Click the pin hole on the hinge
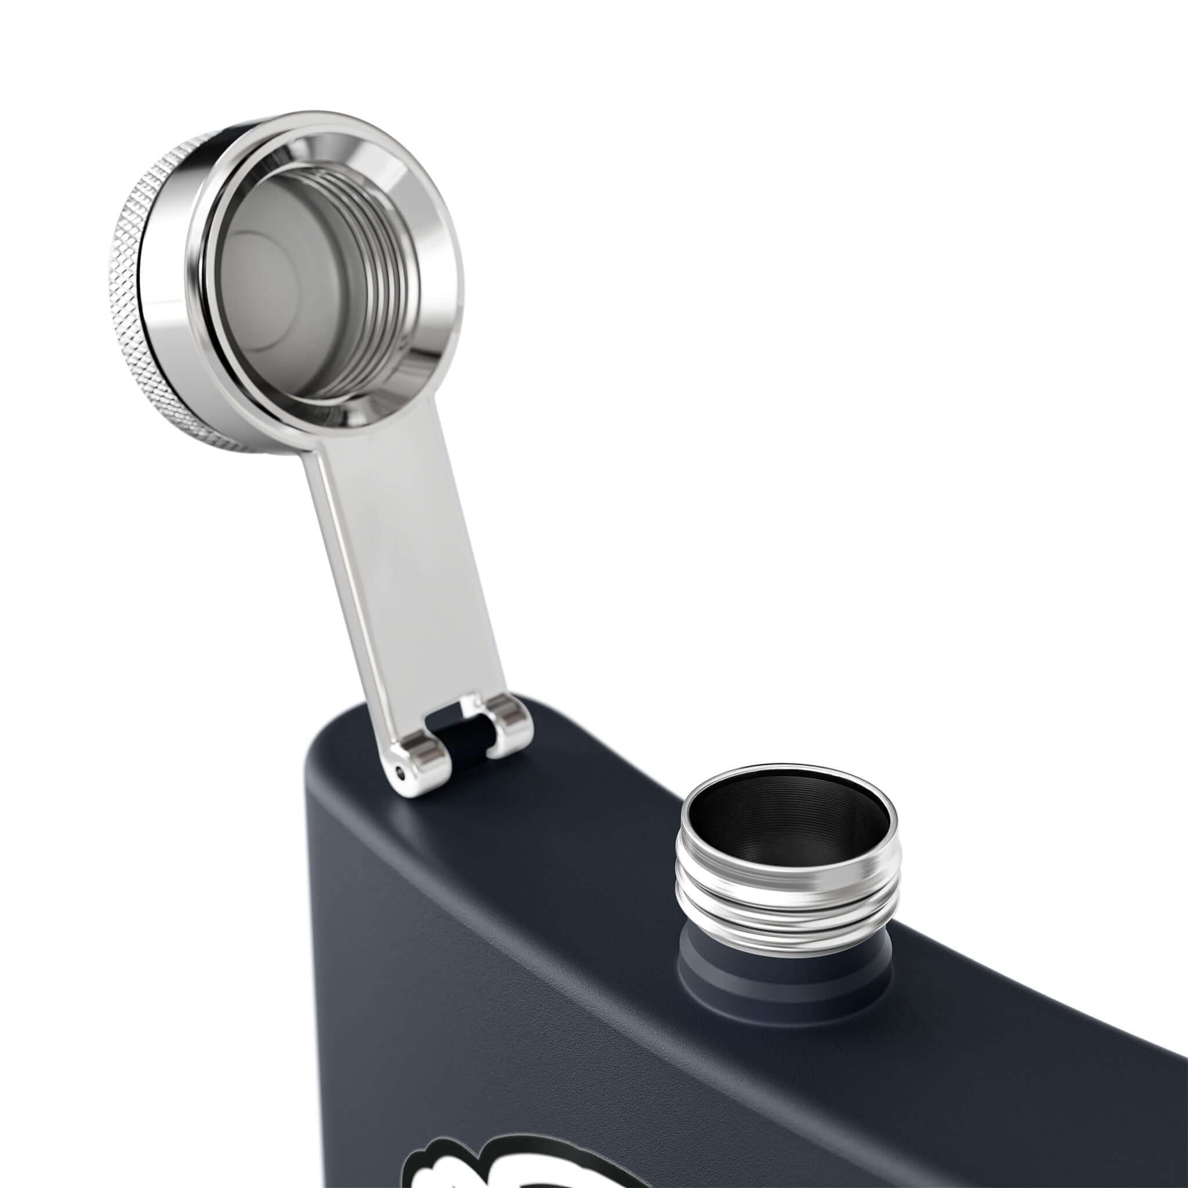[x=401, y=774]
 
